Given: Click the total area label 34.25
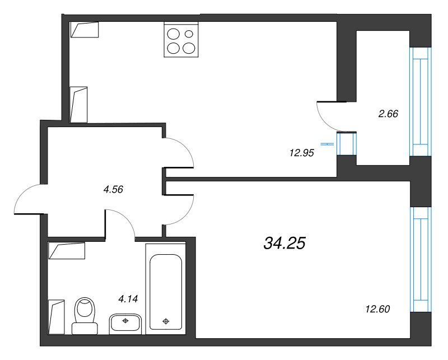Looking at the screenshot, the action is point(284,243).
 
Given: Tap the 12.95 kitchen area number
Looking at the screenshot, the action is point(302,153).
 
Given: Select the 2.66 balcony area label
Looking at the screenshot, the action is point(388,114).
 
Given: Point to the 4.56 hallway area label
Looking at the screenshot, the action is point(113,189).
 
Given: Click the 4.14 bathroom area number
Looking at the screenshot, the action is point(128,299).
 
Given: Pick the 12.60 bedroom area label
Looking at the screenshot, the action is point(377,309).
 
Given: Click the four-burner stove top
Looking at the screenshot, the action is point(181,40).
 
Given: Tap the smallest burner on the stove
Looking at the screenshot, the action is point(189,34).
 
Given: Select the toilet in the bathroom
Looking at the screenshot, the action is point(85,316).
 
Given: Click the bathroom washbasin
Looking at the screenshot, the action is point(125,324).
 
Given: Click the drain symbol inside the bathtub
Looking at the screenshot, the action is point(166,321).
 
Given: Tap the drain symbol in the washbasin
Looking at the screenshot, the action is point(125,321).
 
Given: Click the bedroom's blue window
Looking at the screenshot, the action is point(421,259).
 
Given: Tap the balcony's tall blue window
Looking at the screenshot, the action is point(421,102).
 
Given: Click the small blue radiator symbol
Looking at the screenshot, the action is point(327,144).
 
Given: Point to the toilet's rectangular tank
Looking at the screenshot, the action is point(85,329).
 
